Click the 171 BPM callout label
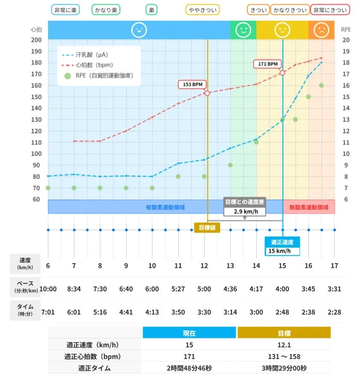269,64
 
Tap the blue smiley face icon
138,30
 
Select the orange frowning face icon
321,30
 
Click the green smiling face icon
243,30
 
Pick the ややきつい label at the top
202,10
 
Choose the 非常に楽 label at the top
66,10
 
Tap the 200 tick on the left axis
36,40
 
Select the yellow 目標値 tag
207,228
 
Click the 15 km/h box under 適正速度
283,251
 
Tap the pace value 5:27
178,289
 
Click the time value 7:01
48,312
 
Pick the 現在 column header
189,333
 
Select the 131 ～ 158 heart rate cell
283,357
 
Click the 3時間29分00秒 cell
283,368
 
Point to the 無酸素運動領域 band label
308,207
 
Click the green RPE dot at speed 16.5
321,85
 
